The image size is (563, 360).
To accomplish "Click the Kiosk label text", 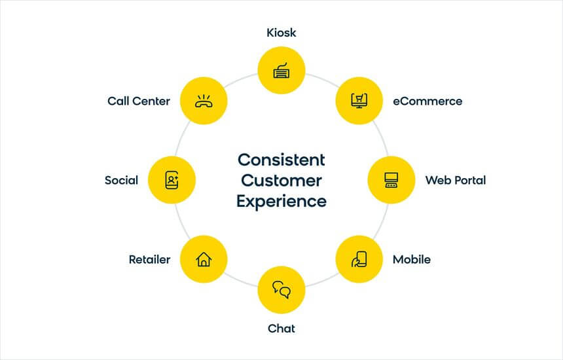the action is (281, 33).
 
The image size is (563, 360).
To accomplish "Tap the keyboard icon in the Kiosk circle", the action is (281, 71).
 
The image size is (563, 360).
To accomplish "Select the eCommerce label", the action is (427, 101).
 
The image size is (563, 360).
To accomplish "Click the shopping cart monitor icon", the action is (359, 101).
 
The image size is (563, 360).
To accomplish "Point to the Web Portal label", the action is (455, 180).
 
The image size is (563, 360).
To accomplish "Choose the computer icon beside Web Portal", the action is (391, 180).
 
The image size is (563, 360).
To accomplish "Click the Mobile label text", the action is (412, 259).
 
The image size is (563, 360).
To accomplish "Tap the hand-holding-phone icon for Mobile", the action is (359, 259).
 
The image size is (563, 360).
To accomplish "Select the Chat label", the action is (281, 329).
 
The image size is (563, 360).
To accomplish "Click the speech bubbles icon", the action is (281, 290).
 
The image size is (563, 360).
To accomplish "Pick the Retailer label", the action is (149, 259).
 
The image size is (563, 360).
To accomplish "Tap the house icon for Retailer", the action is (204, 259).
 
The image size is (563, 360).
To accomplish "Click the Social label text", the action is (121, 180).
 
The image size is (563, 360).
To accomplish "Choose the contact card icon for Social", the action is (172, 180).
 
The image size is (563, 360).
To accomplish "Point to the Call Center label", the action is (139, 101).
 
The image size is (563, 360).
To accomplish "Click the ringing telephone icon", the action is (204, 101).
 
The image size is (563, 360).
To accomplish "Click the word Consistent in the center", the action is (281, 160).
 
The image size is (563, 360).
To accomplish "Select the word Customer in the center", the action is (281, 181).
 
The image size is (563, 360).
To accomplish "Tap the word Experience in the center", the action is (281, 202).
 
